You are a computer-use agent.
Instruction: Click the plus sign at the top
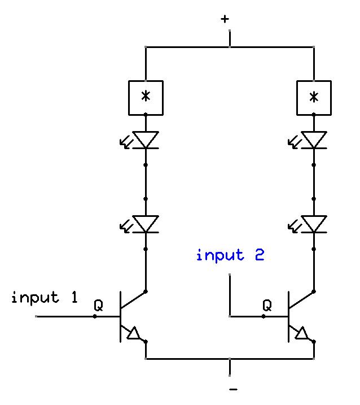225,19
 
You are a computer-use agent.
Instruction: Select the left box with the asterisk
146,97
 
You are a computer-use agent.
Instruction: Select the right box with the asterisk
314,97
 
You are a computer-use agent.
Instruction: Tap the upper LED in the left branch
146,140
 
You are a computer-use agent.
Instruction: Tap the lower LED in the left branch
146,224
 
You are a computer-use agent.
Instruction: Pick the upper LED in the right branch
314,140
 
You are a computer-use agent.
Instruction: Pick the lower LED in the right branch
314,224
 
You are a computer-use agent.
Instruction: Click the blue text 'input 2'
230,255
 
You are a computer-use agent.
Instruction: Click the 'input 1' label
44,298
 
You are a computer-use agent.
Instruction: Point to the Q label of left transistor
98,306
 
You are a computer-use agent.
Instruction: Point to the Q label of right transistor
267,306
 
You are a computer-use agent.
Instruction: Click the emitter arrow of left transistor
134,334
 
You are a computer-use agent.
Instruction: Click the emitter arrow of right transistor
302,334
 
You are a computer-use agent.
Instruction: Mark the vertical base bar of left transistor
121,316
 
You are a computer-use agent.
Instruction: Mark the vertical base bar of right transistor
289,316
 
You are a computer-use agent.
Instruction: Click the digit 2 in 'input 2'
258,255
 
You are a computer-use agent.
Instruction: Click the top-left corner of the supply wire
146,47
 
